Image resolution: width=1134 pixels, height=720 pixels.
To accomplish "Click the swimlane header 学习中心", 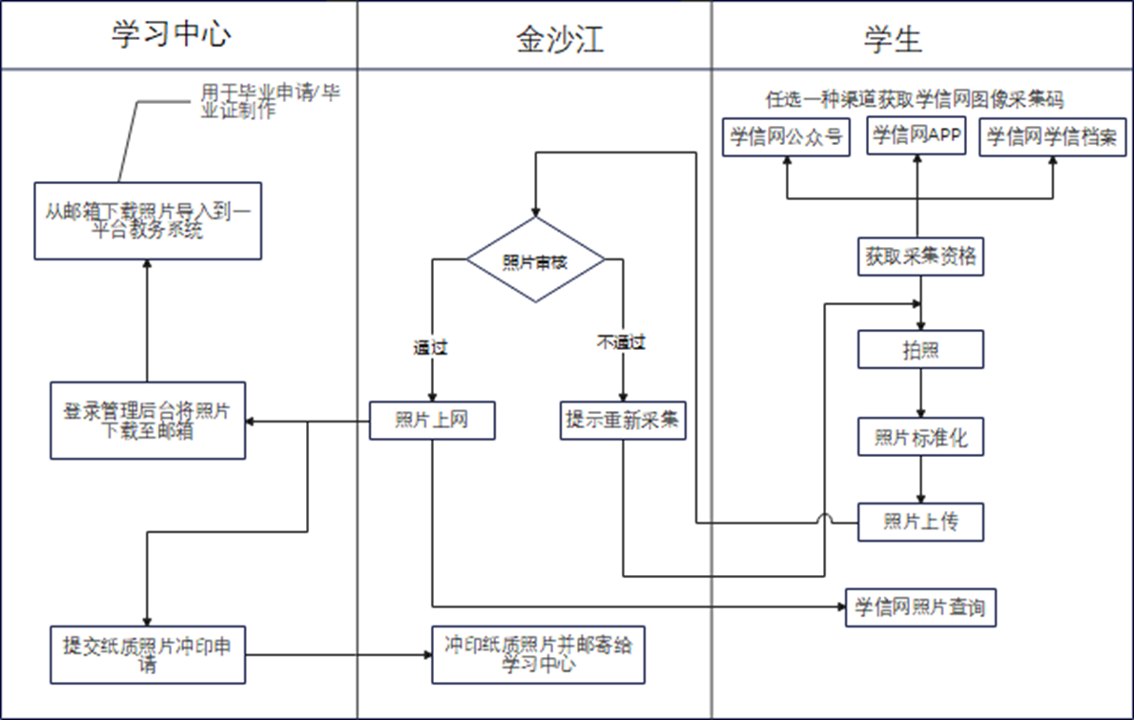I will (x=172, y=35).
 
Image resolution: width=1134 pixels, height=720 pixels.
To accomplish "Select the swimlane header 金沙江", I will (x=560, y=37).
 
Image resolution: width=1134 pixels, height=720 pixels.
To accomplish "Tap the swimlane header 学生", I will (x=894, y=37).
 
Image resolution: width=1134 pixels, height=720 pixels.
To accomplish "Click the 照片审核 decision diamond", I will (x=535, y=260).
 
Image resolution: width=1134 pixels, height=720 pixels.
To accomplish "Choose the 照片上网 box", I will (x=432, y=420).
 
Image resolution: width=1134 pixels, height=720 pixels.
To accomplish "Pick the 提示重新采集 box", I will (x=623, y=420).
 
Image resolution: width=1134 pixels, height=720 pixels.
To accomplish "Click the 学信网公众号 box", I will (x=787, y=137).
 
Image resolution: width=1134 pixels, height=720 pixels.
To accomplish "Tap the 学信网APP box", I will (x=917, y=136).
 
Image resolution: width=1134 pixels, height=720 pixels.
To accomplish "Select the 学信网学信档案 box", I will (x=1054, y=137).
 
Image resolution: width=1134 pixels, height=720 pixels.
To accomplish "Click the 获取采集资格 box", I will (x=920, y=257).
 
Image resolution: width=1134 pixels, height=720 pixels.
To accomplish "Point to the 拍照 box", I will (x=920, y=349).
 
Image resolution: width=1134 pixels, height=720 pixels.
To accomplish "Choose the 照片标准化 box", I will (x=920, y=438).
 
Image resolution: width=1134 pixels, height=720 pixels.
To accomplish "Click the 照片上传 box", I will (x=920, y=521).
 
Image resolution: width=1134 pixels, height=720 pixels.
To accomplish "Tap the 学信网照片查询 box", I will (x=920, y=607).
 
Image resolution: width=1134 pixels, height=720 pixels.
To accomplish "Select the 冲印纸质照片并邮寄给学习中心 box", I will (x=538, y=654).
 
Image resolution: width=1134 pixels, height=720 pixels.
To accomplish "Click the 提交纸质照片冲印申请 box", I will (x=148, y=654).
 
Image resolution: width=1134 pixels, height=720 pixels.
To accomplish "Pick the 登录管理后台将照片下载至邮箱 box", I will (x=148, y=420).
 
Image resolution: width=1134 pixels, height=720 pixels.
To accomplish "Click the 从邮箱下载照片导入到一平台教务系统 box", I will (x=148, y=220).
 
